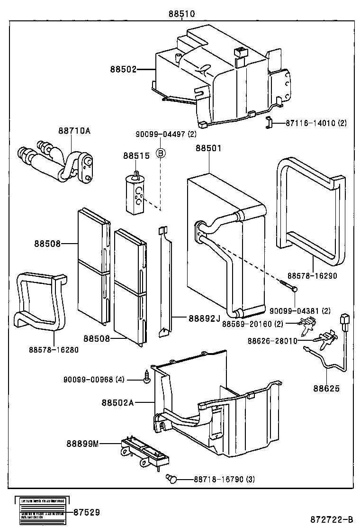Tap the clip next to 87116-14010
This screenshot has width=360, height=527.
coord(269,123)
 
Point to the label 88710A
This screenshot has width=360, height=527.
coord(74,130)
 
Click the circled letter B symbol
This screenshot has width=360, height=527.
coord(161,153)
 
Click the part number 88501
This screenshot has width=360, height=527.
coord(208,148)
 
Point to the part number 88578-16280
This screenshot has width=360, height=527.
coord(54,350)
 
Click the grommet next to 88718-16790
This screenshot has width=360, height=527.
coord(172,479)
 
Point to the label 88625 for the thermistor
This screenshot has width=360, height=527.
coord(326,388)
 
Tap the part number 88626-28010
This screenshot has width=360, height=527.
coord(272,340)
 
